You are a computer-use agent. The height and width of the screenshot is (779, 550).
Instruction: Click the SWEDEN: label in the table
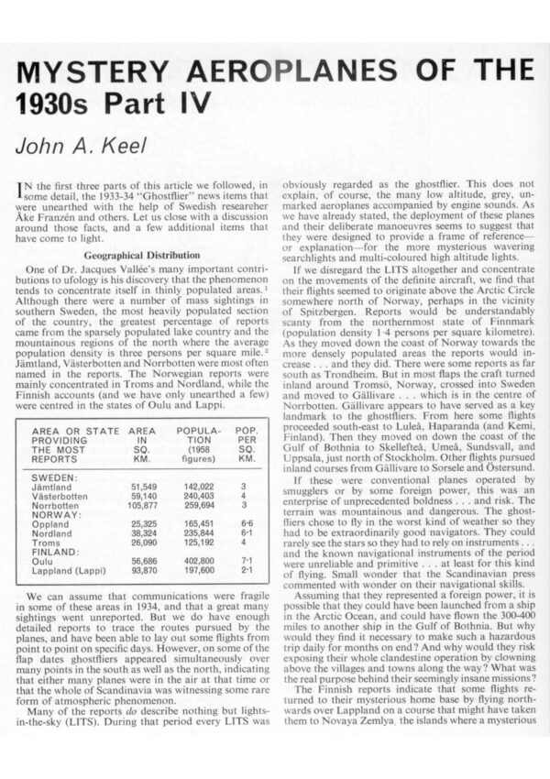tap(54, 478)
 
